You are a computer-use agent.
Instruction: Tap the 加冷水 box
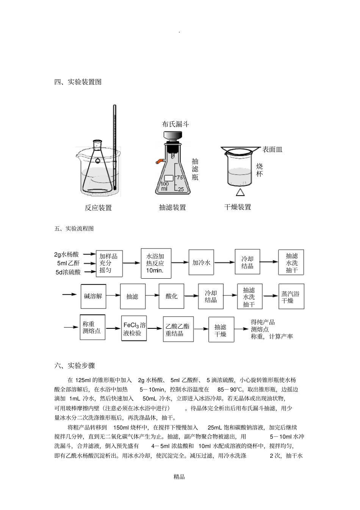[x=201, y=262]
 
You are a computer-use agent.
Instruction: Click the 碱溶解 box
[x=93, y=296]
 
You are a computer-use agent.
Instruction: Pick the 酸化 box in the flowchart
[x=172, y=296]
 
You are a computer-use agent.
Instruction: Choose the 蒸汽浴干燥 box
[x=291, y=297]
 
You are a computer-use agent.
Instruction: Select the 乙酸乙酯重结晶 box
[x=178, y=330]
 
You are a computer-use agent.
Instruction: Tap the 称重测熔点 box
[x=92, y=327]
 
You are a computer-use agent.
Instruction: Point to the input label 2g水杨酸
[x=67, y=254]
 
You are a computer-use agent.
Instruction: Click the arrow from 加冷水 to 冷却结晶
[x=224, y=262]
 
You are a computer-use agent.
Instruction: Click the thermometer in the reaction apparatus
[x=114, y=148]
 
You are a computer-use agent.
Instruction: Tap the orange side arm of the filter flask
[x=159, y=162]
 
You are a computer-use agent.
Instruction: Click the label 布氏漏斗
[x=175, y=124]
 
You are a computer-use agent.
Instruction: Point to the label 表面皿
[x=272, y=149]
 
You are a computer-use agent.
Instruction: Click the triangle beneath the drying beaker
[x=240, y=192]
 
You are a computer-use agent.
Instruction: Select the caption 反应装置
[x=98, y=208]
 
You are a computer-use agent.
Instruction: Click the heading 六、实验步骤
[x=75, y=366]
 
